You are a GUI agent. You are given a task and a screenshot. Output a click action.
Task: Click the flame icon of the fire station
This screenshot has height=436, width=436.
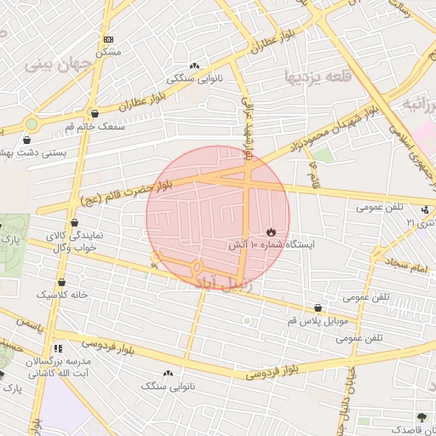pos(271,231)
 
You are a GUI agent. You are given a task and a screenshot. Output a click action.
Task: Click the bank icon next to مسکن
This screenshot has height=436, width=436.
pos(108,40)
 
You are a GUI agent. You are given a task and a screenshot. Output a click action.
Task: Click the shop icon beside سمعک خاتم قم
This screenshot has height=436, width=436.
pos(94,113)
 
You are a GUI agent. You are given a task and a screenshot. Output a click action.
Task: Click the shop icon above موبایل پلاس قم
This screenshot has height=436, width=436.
pos(318,307)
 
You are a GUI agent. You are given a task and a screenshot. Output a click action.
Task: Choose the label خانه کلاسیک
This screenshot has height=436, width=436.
pos(62,295)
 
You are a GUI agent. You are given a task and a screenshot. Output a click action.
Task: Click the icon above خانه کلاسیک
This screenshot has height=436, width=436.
pos(62,283)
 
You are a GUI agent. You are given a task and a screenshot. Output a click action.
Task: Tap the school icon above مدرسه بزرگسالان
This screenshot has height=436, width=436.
pos(58,348)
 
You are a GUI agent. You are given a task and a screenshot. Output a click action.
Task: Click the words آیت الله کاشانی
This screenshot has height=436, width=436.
pos(58,373)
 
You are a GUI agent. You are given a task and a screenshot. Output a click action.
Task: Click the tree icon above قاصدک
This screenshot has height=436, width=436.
pos(422,416)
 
